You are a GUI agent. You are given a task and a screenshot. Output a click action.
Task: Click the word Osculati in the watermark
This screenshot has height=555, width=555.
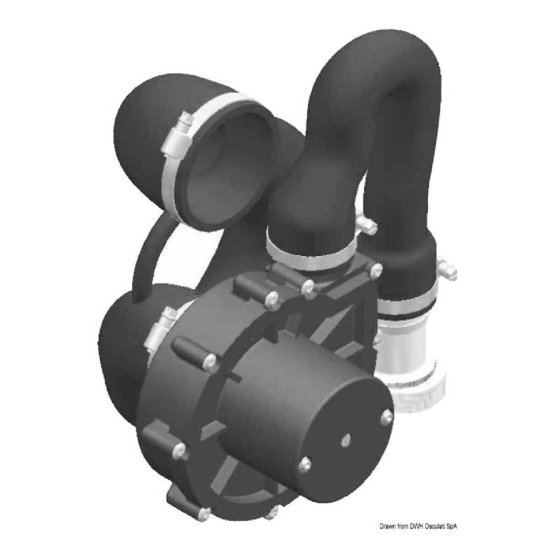pyautogui.click(x=427, y=527)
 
